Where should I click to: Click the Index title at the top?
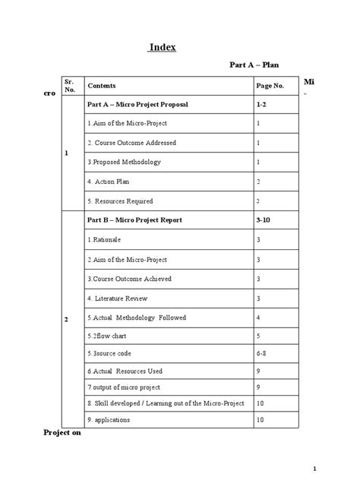[x=162, y=47]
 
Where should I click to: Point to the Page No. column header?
[x=271, y=85]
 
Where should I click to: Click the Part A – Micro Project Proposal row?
[x=137, y=103]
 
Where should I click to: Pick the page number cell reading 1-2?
[x=261, y=103]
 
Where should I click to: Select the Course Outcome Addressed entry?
[x=131, y=142]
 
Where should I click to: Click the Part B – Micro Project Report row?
[x=134, y=219]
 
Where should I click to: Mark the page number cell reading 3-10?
[x=263, y=219]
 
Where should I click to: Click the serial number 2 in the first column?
[x=68, y=319]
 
